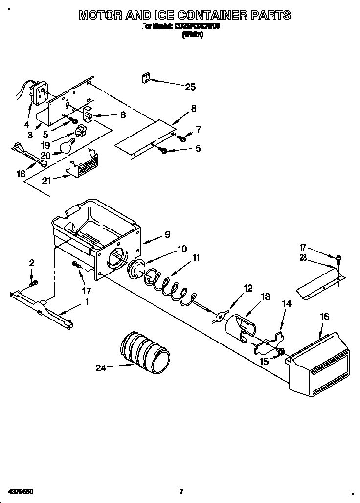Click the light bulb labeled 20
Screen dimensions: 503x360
coord(67,145)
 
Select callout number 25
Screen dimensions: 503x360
coord(190,87)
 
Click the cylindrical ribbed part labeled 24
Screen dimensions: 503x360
coord(144,351)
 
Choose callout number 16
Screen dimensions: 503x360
coord(324,317)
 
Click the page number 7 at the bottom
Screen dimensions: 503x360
coord(180,491)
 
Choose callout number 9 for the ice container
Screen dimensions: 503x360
coord(167,234)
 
